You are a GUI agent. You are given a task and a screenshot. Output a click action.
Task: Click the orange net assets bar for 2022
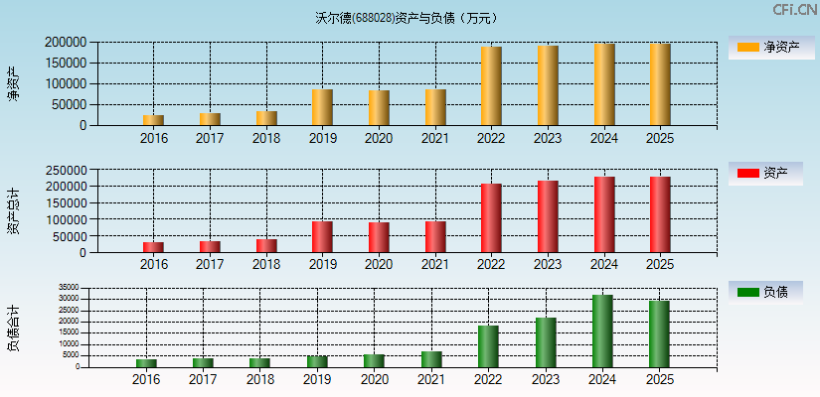pos(491,86)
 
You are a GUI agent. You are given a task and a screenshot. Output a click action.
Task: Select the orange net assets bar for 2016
pos(153,120)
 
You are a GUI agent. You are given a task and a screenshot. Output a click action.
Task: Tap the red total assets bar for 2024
pos(604,214)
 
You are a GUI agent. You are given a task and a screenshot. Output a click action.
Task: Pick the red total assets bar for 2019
pos(322,236)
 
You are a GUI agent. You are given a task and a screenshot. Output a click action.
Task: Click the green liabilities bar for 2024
pos(602,331)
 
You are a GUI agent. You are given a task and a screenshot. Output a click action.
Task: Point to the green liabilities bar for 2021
pos(431,359)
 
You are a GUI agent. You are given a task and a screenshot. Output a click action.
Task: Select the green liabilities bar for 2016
pos(146,362)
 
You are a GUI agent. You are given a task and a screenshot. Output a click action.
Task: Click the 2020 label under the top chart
pos(379,137)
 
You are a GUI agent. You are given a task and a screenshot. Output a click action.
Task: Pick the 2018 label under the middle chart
pos(265,264)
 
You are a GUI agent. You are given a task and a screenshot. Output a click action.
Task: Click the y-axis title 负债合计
pos(14,329)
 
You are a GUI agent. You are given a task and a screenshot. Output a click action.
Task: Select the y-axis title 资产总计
pos(14,210)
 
